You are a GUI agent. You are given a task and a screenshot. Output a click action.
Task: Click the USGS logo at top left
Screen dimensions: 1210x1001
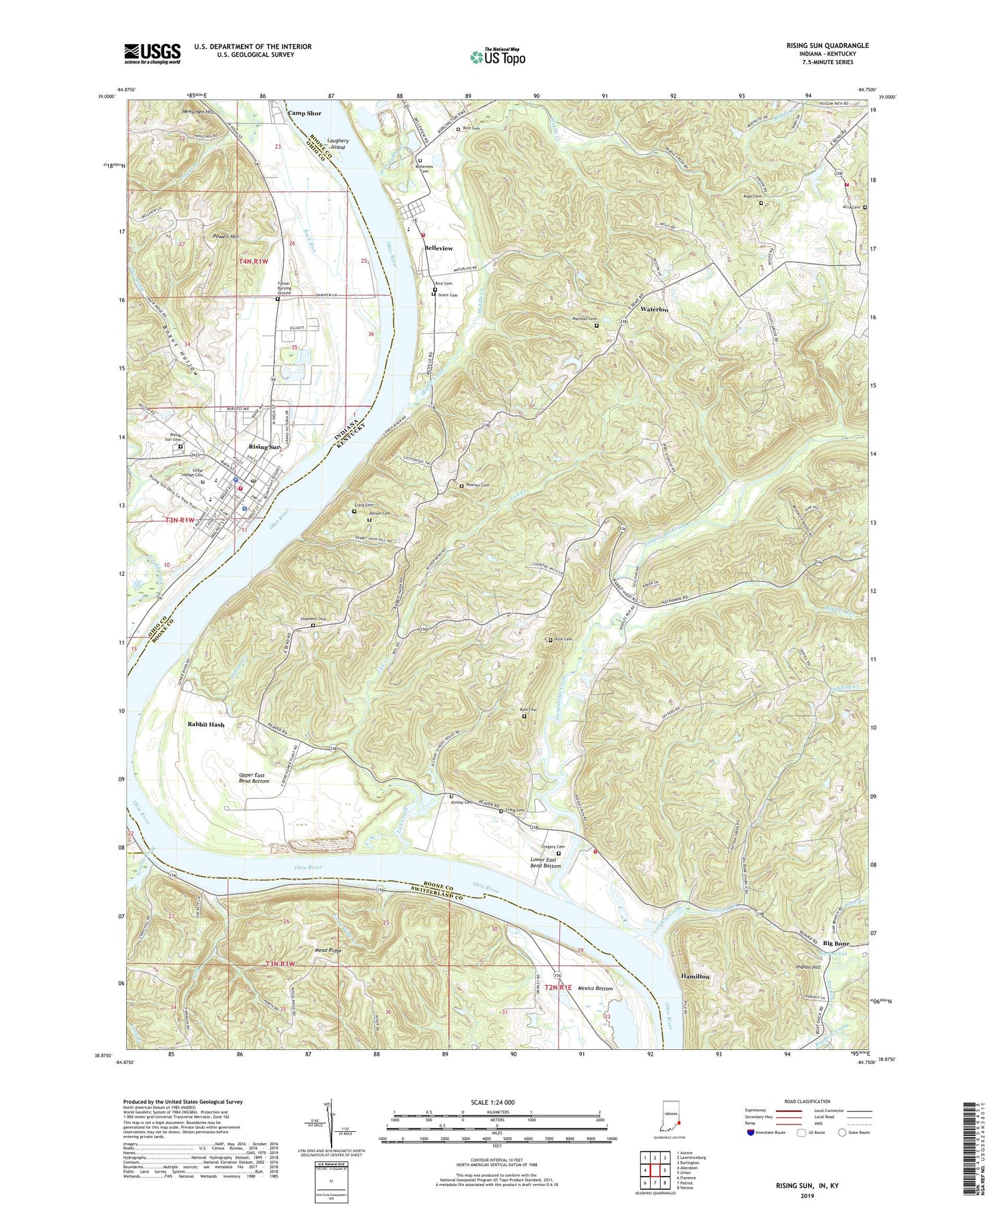pyautogui.click(x=152, y=53)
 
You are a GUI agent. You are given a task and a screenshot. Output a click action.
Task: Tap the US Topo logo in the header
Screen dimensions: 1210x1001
pyautogui.click(x=497, y=57)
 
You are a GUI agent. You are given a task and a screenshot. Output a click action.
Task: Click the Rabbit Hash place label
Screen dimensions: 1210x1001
pyautogui.click(x=206, y=724)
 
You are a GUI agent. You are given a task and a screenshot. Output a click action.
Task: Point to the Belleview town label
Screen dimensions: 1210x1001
pyautogui.click(x=438, y=248)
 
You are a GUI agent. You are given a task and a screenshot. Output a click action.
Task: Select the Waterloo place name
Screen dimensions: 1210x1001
pyautogui.click(x=654, y=310)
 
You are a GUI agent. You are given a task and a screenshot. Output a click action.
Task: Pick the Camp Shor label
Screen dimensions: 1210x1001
pyautogui.click(x=304, y=113)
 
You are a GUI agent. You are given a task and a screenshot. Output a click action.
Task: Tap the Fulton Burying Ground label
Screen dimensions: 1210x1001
pyautogui.click(x=284, y=287)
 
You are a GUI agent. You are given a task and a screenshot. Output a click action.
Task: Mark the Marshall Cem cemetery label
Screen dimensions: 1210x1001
pyautogui.click(x=583, y=319)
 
